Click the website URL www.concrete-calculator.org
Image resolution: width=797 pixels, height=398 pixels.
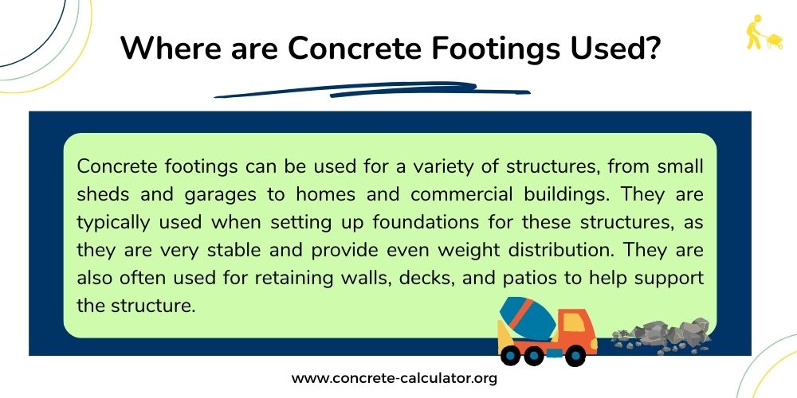[394, 378]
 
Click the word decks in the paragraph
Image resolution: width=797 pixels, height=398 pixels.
[433, 277]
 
